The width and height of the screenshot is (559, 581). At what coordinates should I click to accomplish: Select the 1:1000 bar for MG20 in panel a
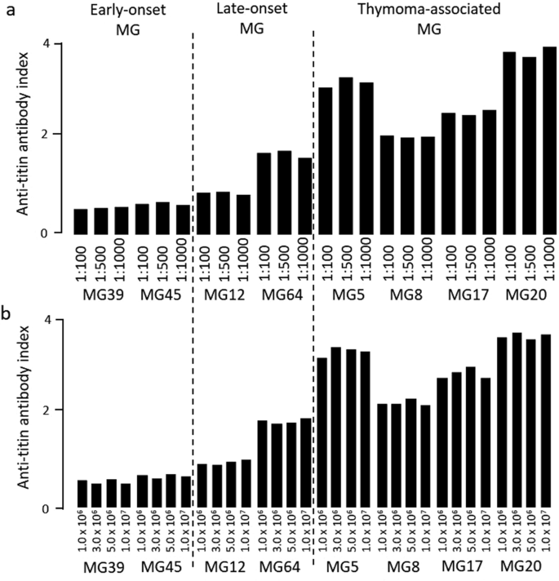click(x=549, y=140)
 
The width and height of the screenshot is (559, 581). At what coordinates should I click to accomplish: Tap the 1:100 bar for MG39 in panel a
click(x=82, y=221)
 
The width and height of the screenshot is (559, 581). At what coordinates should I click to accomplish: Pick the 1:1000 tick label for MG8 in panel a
click(x=428, y=255)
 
